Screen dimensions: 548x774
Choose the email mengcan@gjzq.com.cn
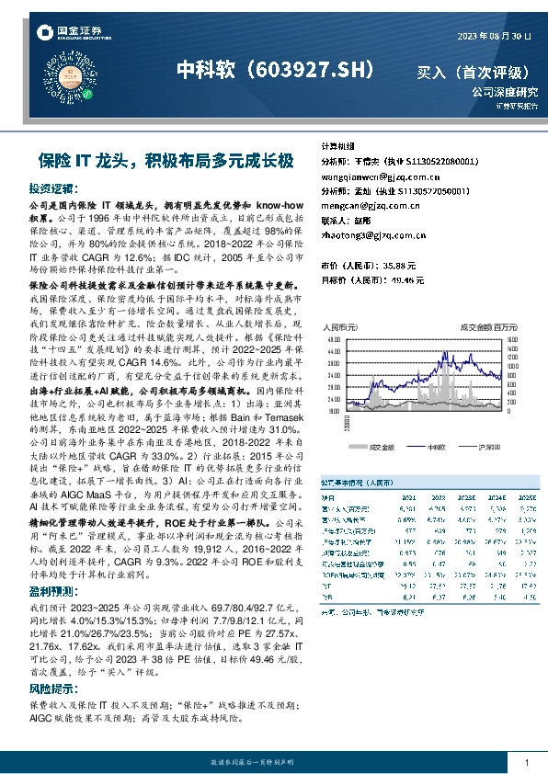364,205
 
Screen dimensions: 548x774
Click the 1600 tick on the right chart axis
514,338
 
